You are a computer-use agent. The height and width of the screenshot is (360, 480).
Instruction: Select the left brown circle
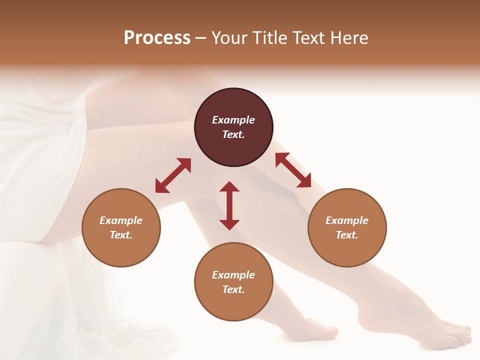tap(121, 227)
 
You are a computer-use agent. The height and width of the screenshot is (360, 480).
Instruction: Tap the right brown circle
tap(347, 227)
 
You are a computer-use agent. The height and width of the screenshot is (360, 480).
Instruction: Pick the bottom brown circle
tap(233, 281)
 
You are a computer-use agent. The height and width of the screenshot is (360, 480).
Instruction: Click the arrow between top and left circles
tap(173, 175)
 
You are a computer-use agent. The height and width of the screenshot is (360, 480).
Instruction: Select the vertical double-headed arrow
tap(229, 205)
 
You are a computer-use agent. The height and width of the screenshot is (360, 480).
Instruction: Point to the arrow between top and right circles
tap(293, 170)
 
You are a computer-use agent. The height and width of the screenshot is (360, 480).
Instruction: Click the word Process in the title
tap(157, 38)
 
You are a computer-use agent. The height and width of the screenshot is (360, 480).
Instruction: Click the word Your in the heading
tap(229, 38)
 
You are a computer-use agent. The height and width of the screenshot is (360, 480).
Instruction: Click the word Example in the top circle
tap(233, 120)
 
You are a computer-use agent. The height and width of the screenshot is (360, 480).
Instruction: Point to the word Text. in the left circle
tap(121, 235)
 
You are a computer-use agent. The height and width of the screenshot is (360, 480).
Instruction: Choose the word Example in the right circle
tap(347, 220)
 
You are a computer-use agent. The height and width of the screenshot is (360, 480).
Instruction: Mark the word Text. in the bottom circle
tap(233, 289)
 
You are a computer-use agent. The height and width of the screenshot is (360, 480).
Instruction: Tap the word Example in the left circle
tap(121, 220)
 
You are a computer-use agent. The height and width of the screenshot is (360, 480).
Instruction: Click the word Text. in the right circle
tap(347, 235)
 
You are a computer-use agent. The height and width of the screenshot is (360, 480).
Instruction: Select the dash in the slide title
tap(200, 38)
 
